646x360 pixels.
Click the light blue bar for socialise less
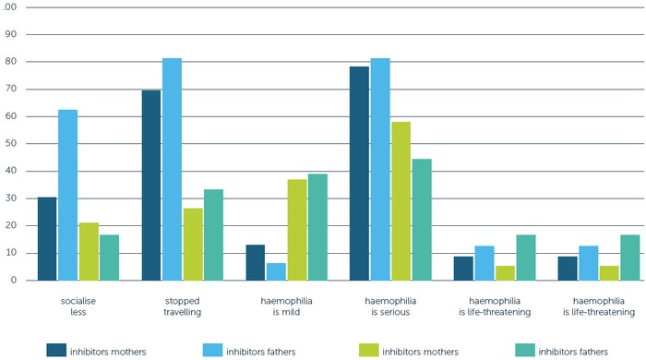point(68,195)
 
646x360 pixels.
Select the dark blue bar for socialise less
point(47,238)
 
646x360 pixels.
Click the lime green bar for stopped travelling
point(193,244)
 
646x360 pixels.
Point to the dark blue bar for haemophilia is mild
point(256,262)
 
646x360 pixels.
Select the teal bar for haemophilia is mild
point(317,227)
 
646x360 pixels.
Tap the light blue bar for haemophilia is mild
point(276,271)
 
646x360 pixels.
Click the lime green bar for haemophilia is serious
point(401,201)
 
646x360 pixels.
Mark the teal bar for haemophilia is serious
point(422,219)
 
